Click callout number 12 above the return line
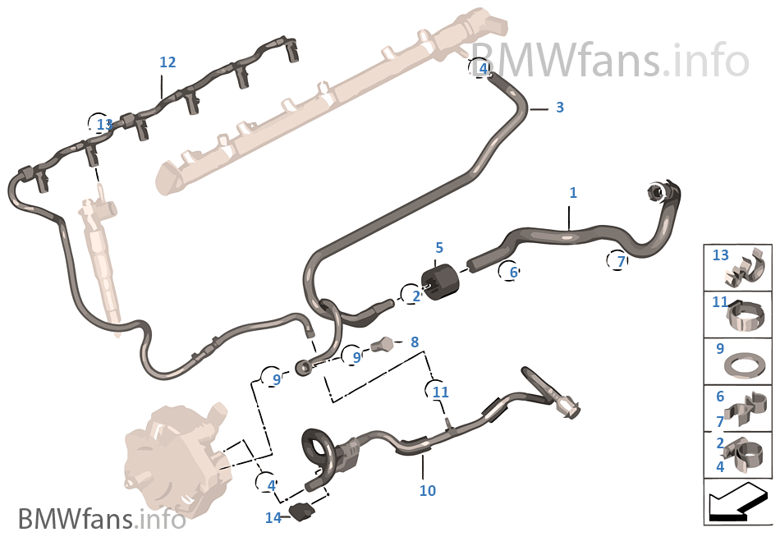(x=167, y=62)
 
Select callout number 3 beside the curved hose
(x=559, y=108)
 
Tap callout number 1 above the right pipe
(x=573, y=193)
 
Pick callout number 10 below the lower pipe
(x=427, y=491)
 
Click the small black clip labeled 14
(x=303, y=512)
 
